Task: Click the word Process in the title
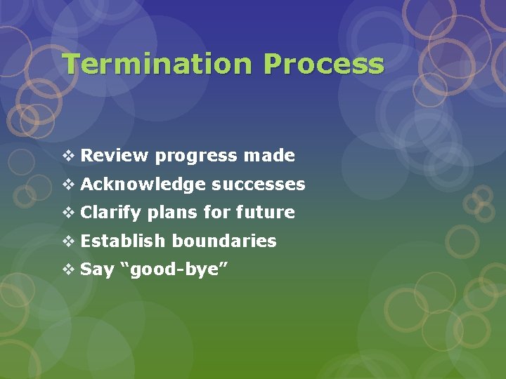324,64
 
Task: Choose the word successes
259,185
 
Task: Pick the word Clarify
111,213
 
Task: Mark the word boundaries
224,241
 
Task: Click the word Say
97,270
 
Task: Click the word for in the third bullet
217,212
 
